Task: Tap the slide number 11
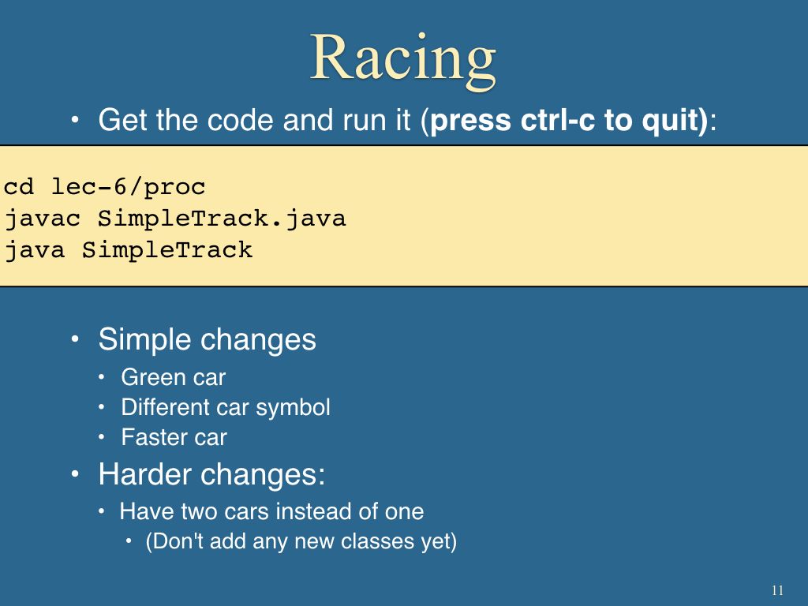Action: (777, 590)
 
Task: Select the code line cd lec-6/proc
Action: (105, 187)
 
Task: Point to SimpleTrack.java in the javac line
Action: (222, 219)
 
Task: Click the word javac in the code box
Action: (43, 219)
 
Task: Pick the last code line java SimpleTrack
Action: (129, 250)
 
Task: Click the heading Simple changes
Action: (208, 339)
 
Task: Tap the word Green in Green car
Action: (151, 377)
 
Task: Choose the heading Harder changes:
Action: (211, 474)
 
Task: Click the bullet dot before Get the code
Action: (75, 121)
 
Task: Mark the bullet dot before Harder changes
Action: (75, 474)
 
